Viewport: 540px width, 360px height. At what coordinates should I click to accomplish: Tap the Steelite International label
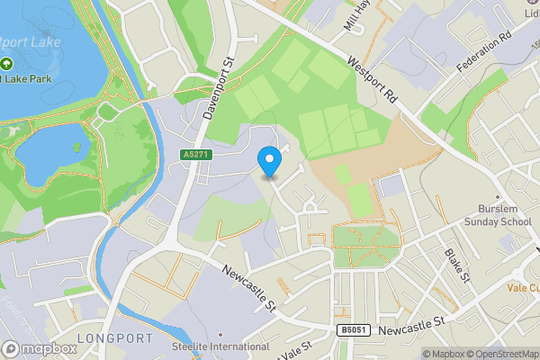(220, 346)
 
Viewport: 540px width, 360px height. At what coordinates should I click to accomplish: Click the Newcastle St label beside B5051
(412, 332)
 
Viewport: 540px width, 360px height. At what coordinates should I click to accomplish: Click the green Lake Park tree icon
(6, 66)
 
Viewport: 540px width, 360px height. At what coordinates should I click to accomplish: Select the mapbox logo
(40, 348)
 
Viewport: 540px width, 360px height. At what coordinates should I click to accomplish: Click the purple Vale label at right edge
(522, 288)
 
